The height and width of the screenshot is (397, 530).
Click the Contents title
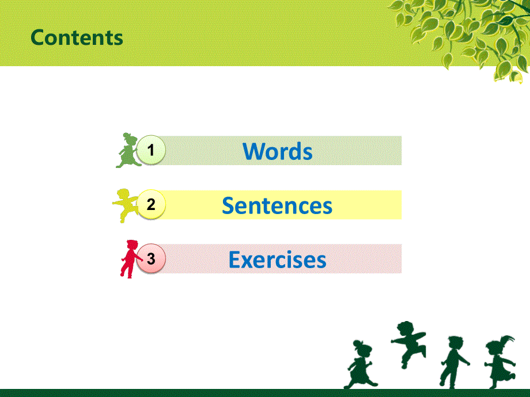click(77, 37)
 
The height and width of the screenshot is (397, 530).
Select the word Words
click(278, 151)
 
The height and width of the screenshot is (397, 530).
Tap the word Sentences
click(277, 205)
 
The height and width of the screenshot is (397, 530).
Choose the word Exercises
click(277, 259)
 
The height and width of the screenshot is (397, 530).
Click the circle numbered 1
click(151, 151)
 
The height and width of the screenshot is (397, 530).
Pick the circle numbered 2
click(151, 205)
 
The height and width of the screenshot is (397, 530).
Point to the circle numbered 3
click(151, 259)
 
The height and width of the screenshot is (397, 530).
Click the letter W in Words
click(253, 151)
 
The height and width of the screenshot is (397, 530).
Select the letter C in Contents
click(37, 37)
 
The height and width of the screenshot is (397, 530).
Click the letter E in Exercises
click(234, 259)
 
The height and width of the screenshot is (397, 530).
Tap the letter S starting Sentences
click(227, 205)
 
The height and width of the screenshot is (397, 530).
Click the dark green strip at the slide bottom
click(265, 393)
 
